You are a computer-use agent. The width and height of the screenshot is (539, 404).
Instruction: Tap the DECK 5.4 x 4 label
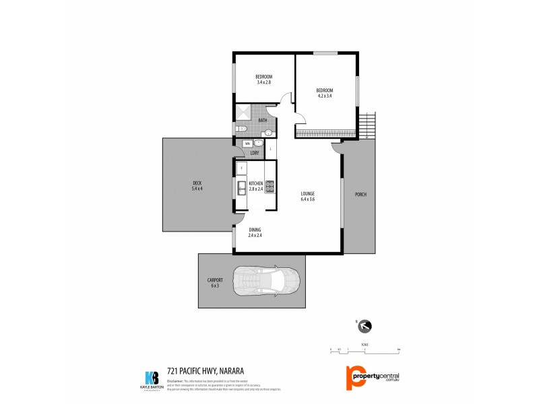197,186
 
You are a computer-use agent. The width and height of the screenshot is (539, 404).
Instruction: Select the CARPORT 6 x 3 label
215,282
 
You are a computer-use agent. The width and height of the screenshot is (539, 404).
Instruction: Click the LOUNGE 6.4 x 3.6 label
307,196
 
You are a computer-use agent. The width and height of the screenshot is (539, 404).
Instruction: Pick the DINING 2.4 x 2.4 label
254,232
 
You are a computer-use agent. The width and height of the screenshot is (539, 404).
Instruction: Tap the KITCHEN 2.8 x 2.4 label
256,186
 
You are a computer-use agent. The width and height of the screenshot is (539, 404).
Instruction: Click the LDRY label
254,153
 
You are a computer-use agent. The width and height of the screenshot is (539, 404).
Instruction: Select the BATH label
262,121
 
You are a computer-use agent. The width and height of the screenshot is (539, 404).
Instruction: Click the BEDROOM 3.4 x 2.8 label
263,79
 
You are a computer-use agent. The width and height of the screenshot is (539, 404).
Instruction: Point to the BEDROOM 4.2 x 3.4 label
325,93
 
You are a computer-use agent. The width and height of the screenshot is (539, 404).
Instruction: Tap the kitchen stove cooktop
269,187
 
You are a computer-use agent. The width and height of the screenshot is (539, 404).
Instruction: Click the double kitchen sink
241,187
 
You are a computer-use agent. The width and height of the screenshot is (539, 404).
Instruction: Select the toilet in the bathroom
243,129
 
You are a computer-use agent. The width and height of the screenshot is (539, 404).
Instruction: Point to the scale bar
364,350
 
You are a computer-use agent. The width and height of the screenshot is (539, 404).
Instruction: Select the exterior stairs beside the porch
366,126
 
